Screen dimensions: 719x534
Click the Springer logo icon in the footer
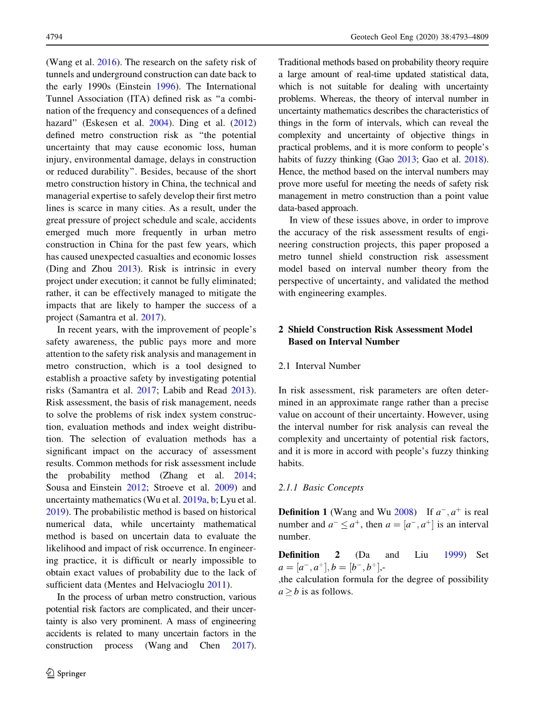51,673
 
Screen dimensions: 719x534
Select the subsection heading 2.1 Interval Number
319,366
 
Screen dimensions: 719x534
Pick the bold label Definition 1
302,512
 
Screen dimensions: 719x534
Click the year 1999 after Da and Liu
454,555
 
